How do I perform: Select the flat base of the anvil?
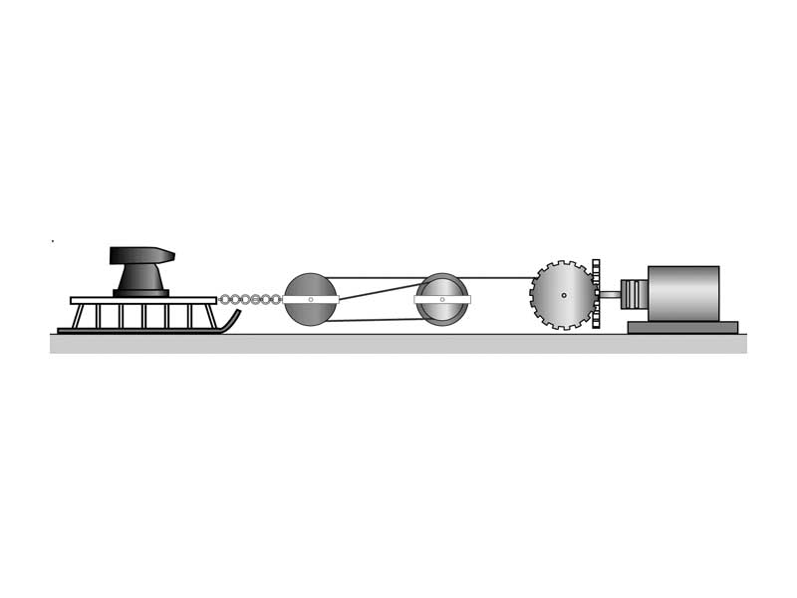(x=140, y=293)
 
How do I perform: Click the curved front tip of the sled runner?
(x=234, y=318)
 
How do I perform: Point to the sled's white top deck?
(x=143, y=300)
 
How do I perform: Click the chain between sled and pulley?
(x=250, y=299)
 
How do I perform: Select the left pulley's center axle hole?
(x=311, y=299)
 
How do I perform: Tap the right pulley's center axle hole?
(x=442, y=299)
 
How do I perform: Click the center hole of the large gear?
(x=564, y=295)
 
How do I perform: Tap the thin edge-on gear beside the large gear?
(x=596, y=294)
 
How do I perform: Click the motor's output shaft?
(x=610, y=294)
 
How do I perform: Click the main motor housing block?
(x=683, y=293)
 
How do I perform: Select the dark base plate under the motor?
(x=682, y=327)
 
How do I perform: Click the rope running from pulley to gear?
(x=498, y=277)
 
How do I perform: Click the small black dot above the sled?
(x=52, y=241)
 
